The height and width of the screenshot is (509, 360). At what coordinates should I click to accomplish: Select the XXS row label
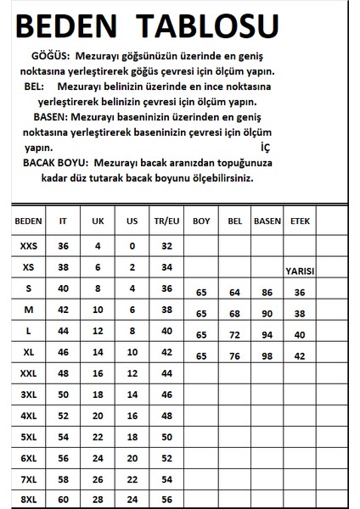(28, 246)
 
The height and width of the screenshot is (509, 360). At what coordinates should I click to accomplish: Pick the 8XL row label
(28, 500)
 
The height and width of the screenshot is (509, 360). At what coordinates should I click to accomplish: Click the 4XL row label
(28, 416)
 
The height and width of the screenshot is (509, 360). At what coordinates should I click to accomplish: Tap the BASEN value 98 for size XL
(267, 355)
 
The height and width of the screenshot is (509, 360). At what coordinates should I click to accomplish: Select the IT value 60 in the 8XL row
(63, 500)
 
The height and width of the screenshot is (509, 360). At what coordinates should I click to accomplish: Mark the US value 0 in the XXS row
(132, 246)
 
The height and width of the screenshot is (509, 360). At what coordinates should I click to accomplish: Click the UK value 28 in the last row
(98, 500)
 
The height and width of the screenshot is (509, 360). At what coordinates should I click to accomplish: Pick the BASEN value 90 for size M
(267, 313)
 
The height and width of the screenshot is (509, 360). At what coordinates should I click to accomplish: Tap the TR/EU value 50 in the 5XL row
(166, 436)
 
